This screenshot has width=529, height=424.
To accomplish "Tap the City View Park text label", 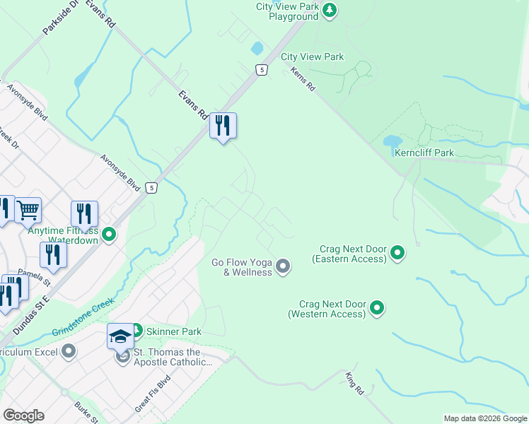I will click(312, 57).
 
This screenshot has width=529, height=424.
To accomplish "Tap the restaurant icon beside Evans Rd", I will click(223, 126).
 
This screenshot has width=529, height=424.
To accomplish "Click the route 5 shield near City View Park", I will click(262, 69).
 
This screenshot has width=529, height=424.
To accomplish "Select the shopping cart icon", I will click(28, 209).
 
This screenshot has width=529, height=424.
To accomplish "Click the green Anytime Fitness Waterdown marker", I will click(109, 234).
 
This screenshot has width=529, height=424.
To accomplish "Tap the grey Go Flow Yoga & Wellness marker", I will click(283, 266).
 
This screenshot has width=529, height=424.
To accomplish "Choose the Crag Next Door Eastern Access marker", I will click(397, 252).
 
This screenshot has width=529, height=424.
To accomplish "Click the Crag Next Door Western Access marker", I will click(377, 307).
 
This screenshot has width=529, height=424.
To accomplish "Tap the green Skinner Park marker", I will click(136, 330).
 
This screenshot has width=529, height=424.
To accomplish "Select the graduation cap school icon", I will click(120, 336).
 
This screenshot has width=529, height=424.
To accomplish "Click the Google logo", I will click(23, 416).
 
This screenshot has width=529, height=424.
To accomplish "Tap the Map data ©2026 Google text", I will click(485, 418).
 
